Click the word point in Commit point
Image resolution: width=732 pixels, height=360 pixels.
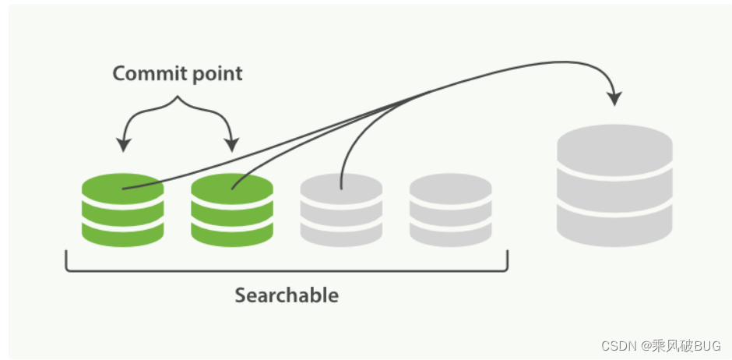coord(214,75)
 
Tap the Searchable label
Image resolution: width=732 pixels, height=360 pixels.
coord(287,296)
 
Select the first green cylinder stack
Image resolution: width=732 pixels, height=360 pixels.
coord(122,209)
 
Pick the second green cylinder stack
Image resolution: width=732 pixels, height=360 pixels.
coord(232,209)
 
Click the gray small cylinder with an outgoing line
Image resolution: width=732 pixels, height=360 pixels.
coord(341,209)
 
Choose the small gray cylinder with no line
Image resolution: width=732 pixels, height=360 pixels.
coord(450,209)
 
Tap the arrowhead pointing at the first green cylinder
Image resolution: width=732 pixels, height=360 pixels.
coord(123,144)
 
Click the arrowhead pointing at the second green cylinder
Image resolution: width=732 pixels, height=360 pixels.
coord(231,144)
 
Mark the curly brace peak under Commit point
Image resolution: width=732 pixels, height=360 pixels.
coord(178,99)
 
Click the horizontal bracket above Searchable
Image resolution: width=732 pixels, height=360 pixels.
coord(287,270)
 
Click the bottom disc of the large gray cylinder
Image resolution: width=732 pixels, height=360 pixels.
coord(614,226)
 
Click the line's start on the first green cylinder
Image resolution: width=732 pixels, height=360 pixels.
coord(123,189)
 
